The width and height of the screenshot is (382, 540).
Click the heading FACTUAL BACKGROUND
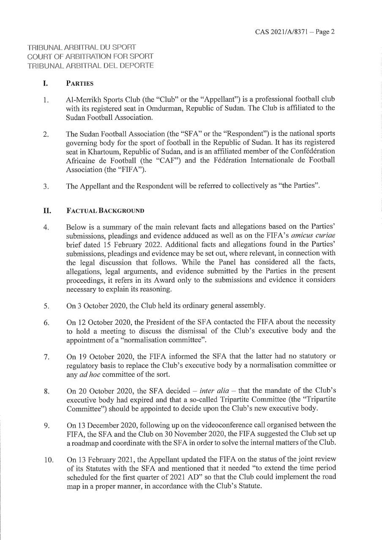pos(105,210)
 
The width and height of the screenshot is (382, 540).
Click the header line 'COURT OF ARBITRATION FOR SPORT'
pos(90,57)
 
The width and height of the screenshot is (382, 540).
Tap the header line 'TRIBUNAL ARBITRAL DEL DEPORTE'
pos(90,65)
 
